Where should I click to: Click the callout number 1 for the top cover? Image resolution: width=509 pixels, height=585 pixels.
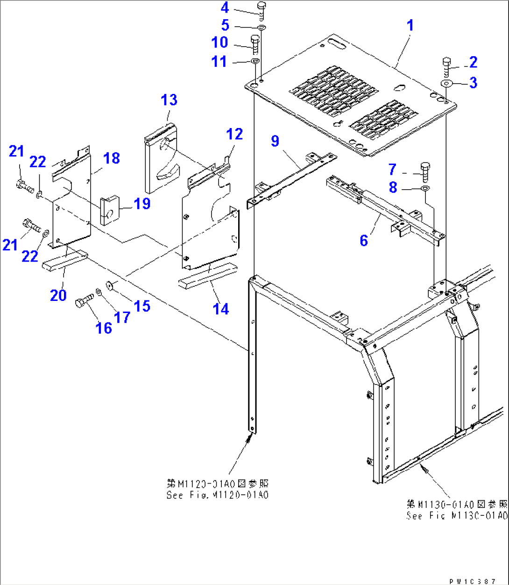click(x=410, y=25)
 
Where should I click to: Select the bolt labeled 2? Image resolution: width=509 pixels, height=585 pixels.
click(x=445, y=68)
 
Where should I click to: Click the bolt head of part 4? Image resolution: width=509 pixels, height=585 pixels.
click(x=262, y=6)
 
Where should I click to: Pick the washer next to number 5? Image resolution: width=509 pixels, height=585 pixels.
click(x=262, y=28)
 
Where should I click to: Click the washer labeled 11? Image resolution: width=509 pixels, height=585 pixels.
click(x=255, y=61)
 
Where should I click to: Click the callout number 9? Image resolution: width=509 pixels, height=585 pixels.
click(x=275, y=141)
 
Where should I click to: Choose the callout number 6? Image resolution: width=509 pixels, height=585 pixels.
click(x=364, y=240)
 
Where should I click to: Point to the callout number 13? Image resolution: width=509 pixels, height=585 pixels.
click(x=169, y=100)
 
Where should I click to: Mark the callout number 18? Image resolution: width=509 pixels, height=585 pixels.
click(x=112, y=158)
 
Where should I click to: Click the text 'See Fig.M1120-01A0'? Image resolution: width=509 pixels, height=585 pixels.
click(x=218, y=495)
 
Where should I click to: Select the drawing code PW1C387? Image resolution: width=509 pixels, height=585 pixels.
click(x=472, y=581)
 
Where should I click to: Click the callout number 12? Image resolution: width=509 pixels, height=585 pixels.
click(x=234, y=135)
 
